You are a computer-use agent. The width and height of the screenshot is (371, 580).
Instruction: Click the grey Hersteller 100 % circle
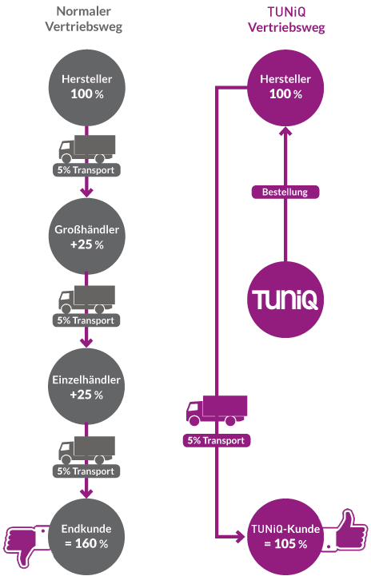[87, 88]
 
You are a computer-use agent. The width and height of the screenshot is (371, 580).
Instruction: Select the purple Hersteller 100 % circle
[285, 88]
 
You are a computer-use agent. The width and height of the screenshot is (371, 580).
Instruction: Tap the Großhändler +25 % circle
[86, 236]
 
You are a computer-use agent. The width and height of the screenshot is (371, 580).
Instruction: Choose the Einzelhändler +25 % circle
[86, 387]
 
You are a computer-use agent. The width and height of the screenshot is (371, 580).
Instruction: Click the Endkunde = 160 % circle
[86, 537]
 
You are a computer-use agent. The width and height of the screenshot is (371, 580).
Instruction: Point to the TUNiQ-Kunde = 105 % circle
[285, 537]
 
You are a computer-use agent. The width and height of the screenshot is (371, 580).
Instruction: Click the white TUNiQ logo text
[285, 300]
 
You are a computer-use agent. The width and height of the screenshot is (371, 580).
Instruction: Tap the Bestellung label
[285, 192]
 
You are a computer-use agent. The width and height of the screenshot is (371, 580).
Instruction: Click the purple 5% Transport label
[216, 440]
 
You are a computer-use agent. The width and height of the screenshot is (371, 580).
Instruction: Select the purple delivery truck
[217, 410]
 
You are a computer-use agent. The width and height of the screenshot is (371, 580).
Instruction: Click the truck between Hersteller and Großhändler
[87, 149]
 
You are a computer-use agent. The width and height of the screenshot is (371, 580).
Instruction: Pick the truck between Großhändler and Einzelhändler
[86, 300]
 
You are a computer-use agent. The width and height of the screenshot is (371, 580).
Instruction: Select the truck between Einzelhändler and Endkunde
[86, 450]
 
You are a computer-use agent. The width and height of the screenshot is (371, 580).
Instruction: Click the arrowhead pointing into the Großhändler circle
[87, 193]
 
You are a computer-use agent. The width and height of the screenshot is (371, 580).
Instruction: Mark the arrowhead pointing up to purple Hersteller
[285, 131]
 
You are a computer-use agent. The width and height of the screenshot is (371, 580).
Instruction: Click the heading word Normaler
[84, 11]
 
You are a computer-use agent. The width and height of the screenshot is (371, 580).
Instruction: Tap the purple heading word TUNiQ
[286, 12]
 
